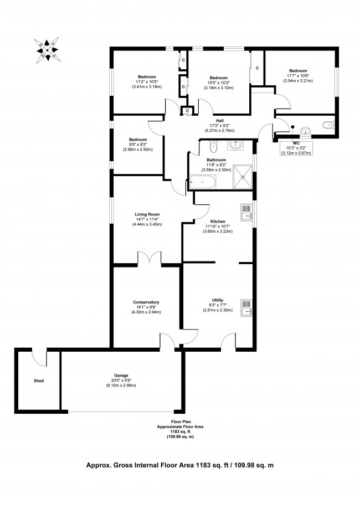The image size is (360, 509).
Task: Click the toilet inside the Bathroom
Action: pyautogui.click(x=213, y=146)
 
